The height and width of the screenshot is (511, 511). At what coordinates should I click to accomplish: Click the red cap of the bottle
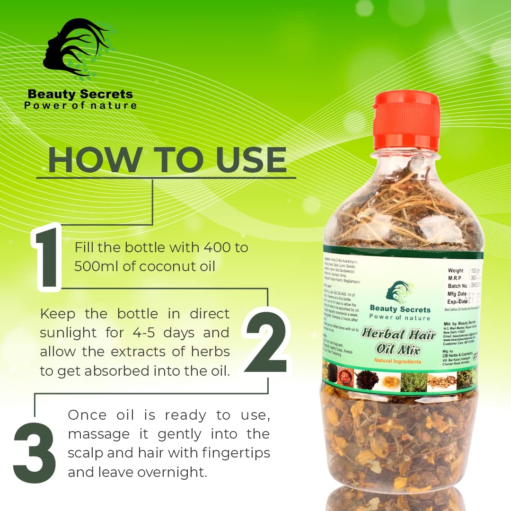[x=406, y=120]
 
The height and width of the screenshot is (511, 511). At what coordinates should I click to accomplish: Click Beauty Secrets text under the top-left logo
[x=80, y=94]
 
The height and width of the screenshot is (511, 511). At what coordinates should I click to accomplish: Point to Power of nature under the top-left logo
[x=80, y=105]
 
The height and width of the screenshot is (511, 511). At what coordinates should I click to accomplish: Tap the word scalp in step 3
[x=86, y=453]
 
